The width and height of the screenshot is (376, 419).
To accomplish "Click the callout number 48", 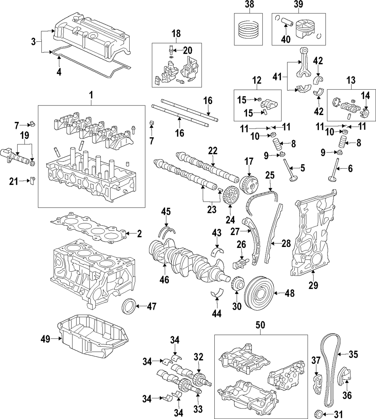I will tap(289, 293).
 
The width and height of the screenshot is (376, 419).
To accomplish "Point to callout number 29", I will tap(313, 285).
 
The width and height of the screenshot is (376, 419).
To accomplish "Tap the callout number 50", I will tap(261, 326).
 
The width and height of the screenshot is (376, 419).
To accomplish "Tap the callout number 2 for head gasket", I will tap(139, 235).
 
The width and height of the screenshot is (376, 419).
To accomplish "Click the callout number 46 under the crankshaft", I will tap(164, 279).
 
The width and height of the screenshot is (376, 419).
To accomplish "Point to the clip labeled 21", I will tap(33, 181).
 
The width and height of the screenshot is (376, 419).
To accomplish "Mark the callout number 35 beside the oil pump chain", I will tap(354, 354).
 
